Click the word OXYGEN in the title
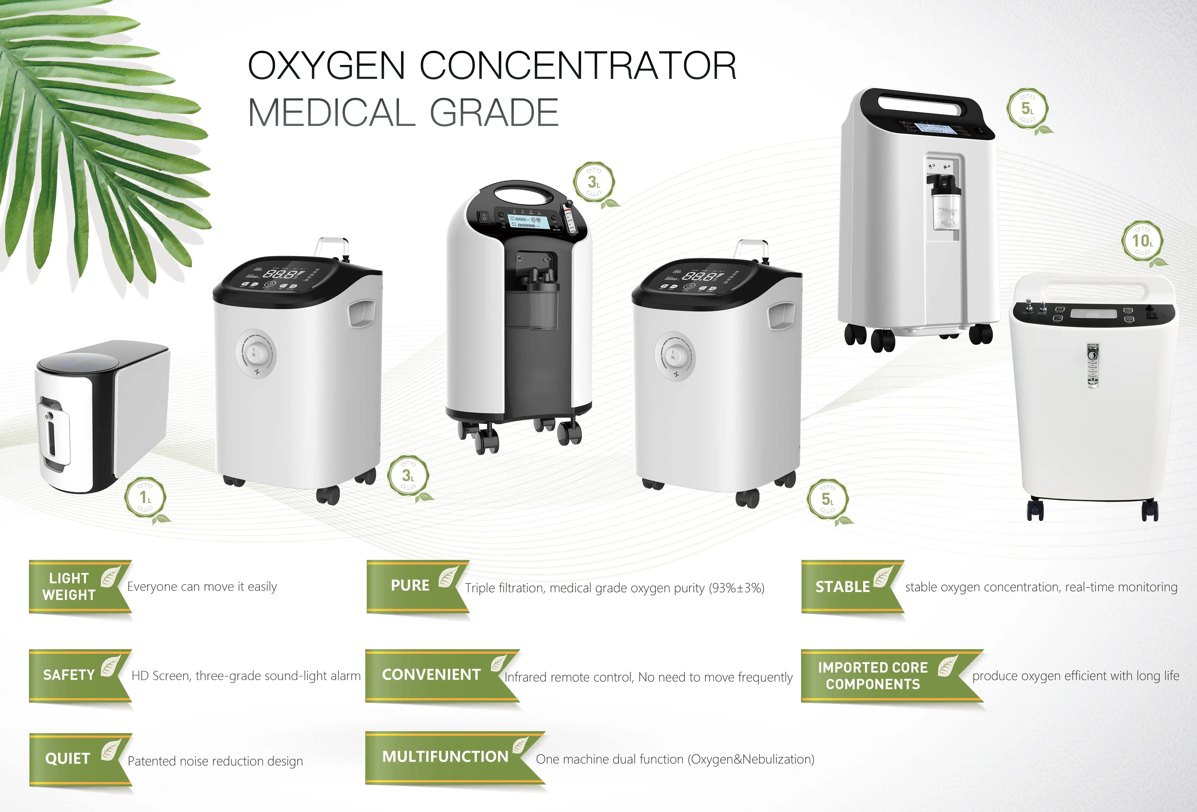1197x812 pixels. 326,66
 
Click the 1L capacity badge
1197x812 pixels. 145,497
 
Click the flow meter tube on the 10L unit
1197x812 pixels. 1092,365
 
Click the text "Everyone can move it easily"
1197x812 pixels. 202,586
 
